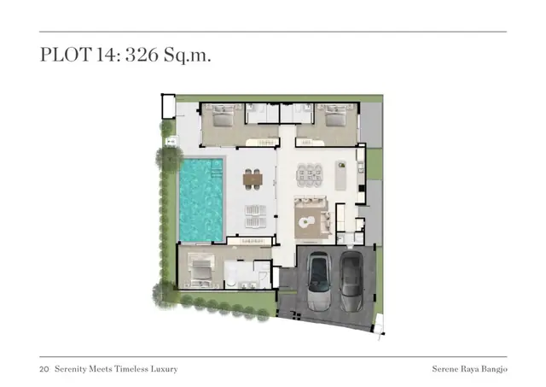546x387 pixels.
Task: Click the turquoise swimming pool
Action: (201, 200)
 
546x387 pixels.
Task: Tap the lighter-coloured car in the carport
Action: (318, 281)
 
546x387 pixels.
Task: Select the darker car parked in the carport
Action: (351, 281)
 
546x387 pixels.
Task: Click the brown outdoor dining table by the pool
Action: (253, 179)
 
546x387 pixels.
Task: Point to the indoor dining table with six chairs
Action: (310, 175)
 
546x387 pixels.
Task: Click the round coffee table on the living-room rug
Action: (307, 220)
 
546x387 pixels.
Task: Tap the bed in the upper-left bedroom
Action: (223, 115)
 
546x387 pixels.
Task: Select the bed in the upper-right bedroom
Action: (335, 115)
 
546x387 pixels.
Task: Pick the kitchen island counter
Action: (341, 175)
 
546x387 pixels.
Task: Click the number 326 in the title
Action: (142, 55)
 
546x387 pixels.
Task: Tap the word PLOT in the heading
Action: (66, 55)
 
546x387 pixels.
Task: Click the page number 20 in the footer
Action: (44, 369)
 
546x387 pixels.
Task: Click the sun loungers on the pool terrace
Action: (255, 216)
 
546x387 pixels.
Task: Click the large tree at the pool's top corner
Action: (170, 159)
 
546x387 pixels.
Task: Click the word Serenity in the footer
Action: (70, 369)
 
